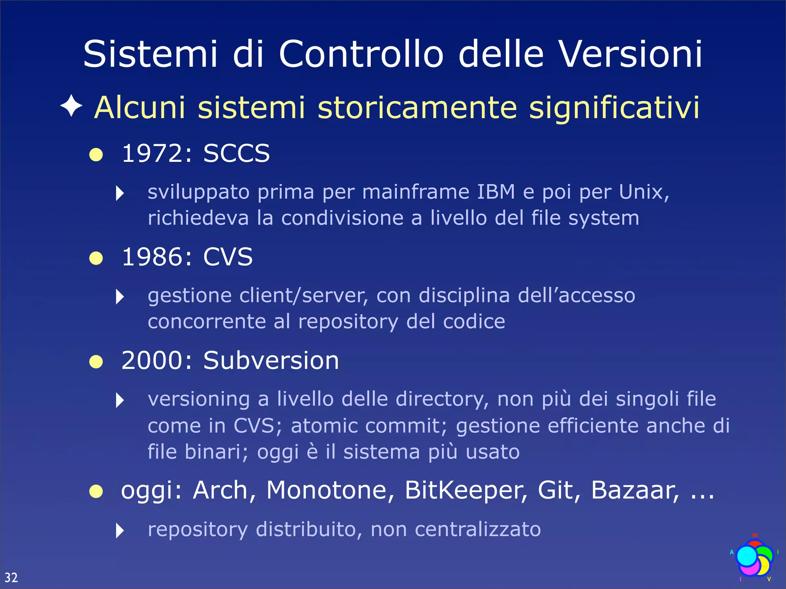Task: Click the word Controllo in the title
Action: [361, 54]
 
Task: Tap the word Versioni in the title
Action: [630, 54]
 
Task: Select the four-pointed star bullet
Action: [71, 106]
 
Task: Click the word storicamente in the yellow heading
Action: [418, 108]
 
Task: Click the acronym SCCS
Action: [236, 153]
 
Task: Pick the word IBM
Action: [495, 192]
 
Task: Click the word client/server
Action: [303, 296]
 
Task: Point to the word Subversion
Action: [271, 361]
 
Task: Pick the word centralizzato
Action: [478, 530]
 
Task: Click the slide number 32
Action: [11, 577]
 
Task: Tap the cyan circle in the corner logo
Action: [746, 556]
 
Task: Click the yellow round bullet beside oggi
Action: [96, 491]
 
